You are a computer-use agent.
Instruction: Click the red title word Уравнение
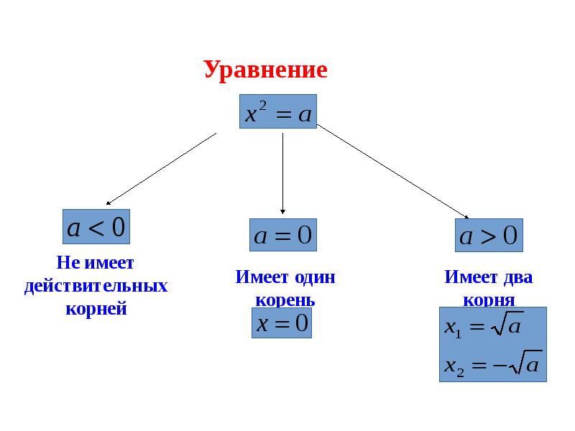tap(265, 70)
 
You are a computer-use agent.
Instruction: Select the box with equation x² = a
tap(278, 112)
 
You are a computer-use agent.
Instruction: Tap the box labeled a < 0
tap(96, 228)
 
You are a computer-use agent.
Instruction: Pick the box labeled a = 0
tap(283, 235)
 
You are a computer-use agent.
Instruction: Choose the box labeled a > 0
tap(489, 235)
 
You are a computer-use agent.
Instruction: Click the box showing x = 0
tap(281, 323)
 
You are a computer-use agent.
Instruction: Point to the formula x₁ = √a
tap(482, 328)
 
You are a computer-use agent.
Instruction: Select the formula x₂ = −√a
tap(492, 365)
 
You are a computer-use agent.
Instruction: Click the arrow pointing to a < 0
tap(162, 169)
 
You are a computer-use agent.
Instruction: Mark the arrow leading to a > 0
tap(393, 172)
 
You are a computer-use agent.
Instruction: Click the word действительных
tap(96, 287)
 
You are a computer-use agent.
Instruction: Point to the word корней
tap(96, 310)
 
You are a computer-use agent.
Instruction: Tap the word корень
tap(285, 300)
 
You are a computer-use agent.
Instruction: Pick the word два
tap(517, 277)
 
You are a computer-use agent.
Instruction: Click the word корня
tap(489, 300)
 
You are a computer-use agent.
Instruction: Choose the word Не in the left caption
tap(66, 263)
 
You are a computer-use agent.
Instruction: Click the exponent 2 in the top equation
tap(262, 105)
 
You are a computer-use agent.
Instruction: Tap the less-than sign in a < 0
tap(96, 228)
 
